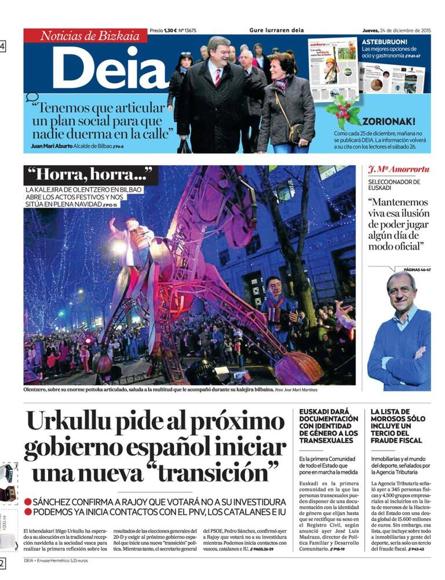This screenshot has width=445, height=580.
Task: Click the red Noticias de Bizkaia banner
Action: pos(85,36)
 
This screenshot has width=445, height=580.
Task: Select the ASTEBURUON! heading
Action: pos(385,42)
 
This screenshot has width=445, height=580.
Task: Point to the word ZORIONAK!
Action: pos(388,122)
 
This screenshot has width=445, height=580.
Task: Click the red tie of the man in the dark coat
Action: pos(218,76)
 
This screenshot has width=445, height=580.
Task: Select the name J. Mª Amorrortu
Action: pos(399,169)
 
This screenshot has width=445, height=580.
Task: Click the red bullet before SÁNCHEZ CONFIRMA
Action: pos(28,501)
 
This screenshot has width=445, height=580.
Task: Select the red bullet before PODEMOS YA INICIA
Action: pos(28,512)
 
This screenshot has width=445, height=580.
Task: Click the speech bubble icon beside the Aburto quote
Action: pos(32,97)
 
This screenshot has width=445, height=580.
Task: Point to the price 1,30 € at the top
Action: pos(169,31)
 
